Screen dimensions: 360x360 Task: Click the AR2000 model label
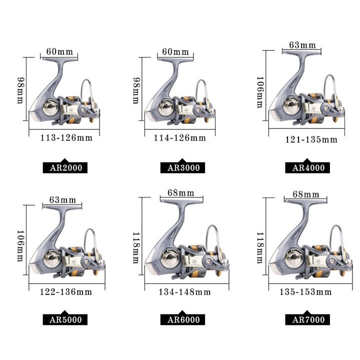(x=65, y=167)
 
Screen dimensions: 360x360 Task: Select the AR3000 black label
(x=183, y=167)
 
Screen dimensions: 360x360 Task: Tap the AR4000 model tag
(x=307, y=167)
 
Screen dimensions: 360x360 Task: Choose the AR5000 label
(x=65, y=319)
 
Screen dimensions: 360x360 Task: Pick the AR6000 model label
(x=183, y=319)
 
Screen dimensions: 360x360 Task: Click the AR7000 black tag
(x=307, y=319)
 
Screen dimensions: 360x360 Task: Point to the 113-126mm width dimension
(x=66, y=138)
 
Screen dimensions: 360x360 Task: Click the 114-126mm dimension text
(x=180, y=138)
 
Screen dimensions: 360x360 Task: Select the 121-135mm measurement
(x=311, y=139)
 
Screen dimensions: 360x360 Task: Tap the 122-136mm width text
(x=66, y=292)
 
